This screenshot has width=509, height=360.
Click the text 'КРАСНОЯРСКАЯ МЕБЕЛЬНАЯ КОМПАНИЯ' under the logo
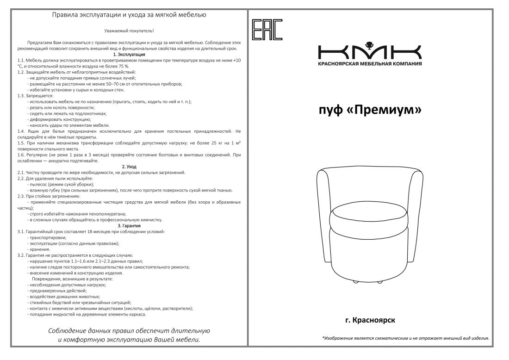370,63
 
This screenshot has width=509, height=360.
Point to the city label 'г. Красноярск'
370,320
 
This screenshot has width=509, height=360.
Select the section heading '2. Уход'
129,167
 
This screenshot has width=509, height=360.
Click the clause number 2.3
21,196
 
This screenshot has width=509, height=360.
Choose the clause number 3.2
21,255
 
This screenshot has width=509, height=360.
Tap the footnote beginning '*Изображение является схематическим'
405,338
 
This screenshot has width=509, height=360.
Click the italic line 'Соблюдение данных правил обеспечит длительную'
129,331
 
